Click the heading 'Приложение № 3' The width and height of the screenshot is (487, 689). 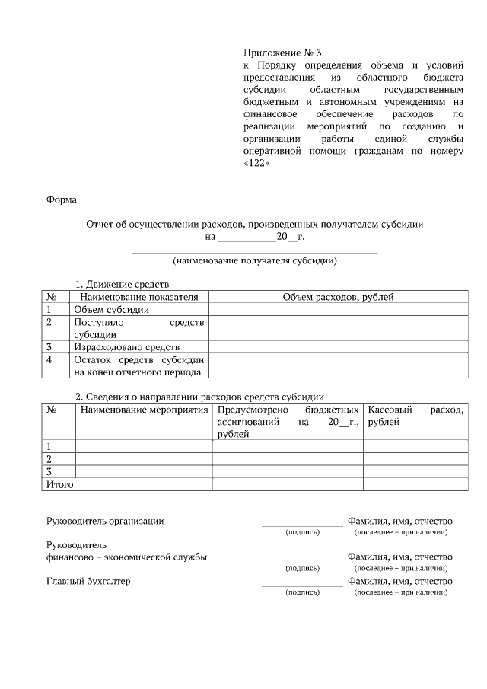click(282, 53)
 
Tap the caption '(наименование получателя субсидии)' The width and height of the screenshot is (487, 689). click(254, 261)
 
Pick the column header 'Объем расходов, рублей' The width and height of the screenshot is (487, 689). click(338, 297)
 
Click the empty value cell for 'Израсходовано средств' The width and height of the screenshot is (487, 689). click(338, 346)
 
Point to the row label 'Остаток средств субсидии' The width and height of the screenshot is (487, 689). click(139, 359)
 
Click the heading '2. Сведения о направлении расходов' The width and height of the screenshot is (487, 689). click(199, 397)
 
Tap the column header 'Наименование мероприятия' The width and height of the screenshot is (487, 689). click(144, 410)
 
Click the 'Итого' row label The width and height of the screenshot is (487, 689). click(60, 484)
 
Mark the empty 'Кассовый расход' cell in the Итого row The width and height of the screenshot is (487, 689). click(415, 484)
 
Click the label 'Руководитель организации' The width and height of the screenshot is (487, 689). click(105, 521)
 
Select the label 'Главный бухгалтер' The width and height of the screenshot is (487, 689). click(88, 582)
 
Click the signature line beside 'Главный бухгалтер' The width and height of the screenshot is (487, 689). click(302, 585)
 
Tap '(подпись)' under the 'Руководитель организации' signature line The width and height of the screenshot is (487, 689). click(302, 532)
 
